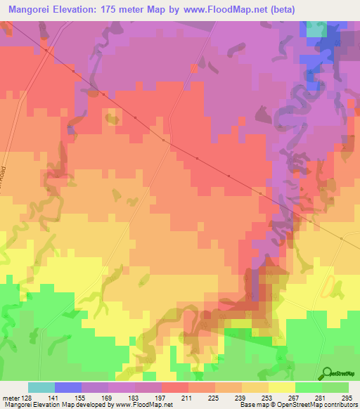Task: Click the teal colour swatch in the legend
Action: pos(41,387)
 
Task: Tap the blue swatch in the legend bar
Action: pos(68,387)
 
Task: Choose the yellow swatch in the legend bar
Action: pos(281,387)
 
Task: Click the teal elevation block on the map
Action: pos(316,29)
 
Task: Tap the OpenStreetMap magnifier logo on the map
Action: pos(326,373)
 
